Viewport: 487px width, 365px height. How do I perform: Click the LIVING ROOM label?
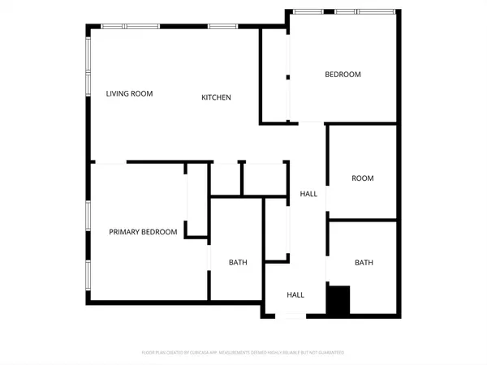(129, 93)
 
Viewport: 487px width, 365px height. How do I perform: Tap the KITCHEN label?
(217, 97)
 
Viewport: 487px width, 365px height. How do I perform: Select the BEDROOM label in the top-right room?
(343, 75)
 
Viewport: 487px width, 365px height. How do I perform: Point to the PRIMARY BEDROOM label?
(143, 232)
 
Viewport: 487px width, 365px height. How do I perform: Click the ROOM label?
(362, 178)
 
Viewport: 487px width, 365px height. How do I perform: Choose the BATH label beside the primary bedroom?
(238, 262)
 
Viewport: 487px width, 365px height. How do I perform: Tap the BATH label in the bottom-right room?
(364, 262)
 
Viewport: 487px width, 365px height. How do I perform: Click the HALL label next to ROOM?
(308, 194)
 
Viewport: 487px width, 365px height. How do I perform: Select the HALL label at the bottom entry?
(295, 294)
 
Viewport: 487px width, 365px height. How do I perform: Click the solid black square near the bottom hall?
(338, 299)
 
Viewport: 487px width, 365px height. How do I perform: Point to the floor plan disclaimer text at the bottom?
(243, 353)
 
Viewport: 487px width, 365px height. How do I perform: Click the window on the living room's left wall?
(88, 72)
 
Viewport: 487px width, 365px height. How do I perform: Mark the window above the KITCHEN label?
(221, 28)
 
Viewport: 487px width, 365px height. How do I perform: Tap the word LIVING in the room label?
(118, 93)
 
